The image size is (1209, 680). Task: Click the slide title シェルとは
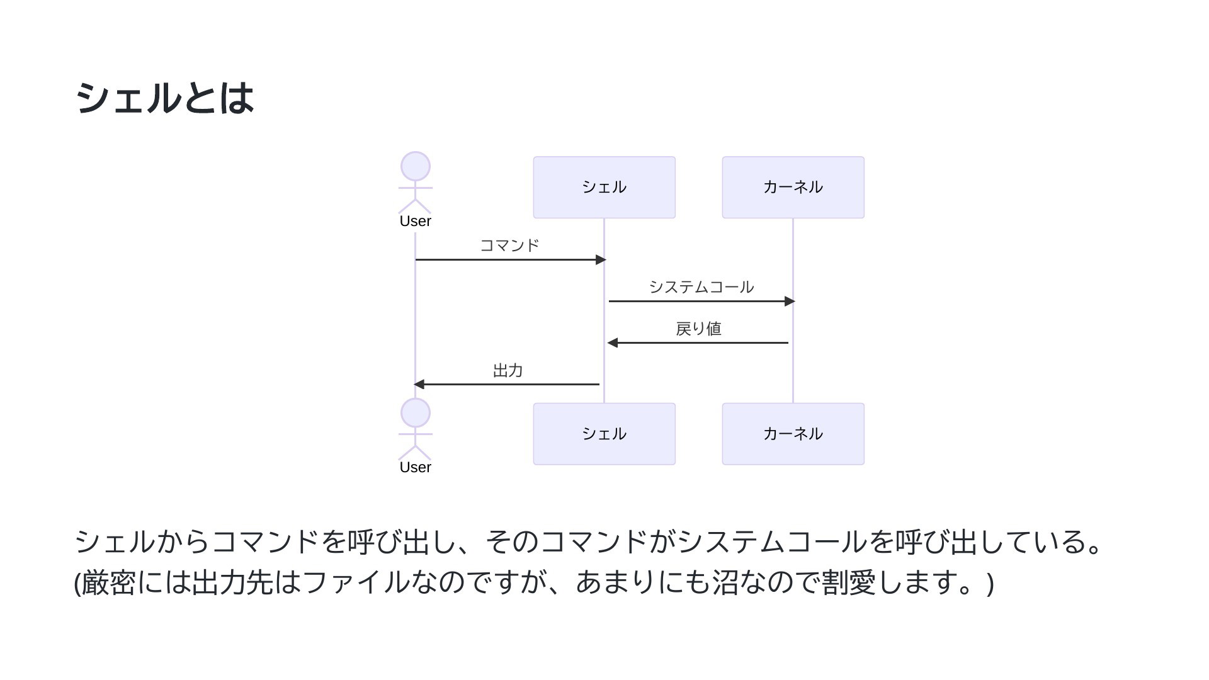(164, 99)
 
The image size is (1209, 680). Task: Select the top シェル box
(604, 188)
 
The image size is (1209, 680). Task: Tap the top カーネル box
(793, 188)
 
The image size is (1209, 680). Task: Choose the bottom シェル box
(604, 434)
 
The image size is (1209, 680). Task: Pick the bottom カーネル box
(793, 434)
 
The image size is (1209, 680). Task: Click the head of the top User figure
(416, 167)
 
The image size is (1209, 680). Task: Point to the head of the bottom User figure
(416, 413)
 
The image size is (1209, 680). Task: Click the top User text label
(416, 221)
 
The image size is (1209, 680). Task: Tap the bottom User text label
(416, 467)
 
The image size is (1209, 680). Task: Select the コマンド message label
(510, 245)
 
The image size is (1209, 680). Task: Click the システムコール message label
(701, 287)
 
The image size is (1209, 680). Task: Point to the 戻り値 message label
(699, 329)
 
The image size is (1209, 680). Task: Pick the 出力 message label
(508, 370)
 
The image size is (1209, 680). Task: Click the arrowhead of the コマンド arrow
(601, 259)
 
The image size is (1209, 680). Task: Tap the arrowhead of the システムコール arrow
(790, 301)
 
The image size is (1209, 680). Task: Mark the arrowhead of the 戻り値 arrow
(613, 343)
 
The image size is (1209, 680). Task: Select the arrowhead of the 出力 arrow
(419, 384)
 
